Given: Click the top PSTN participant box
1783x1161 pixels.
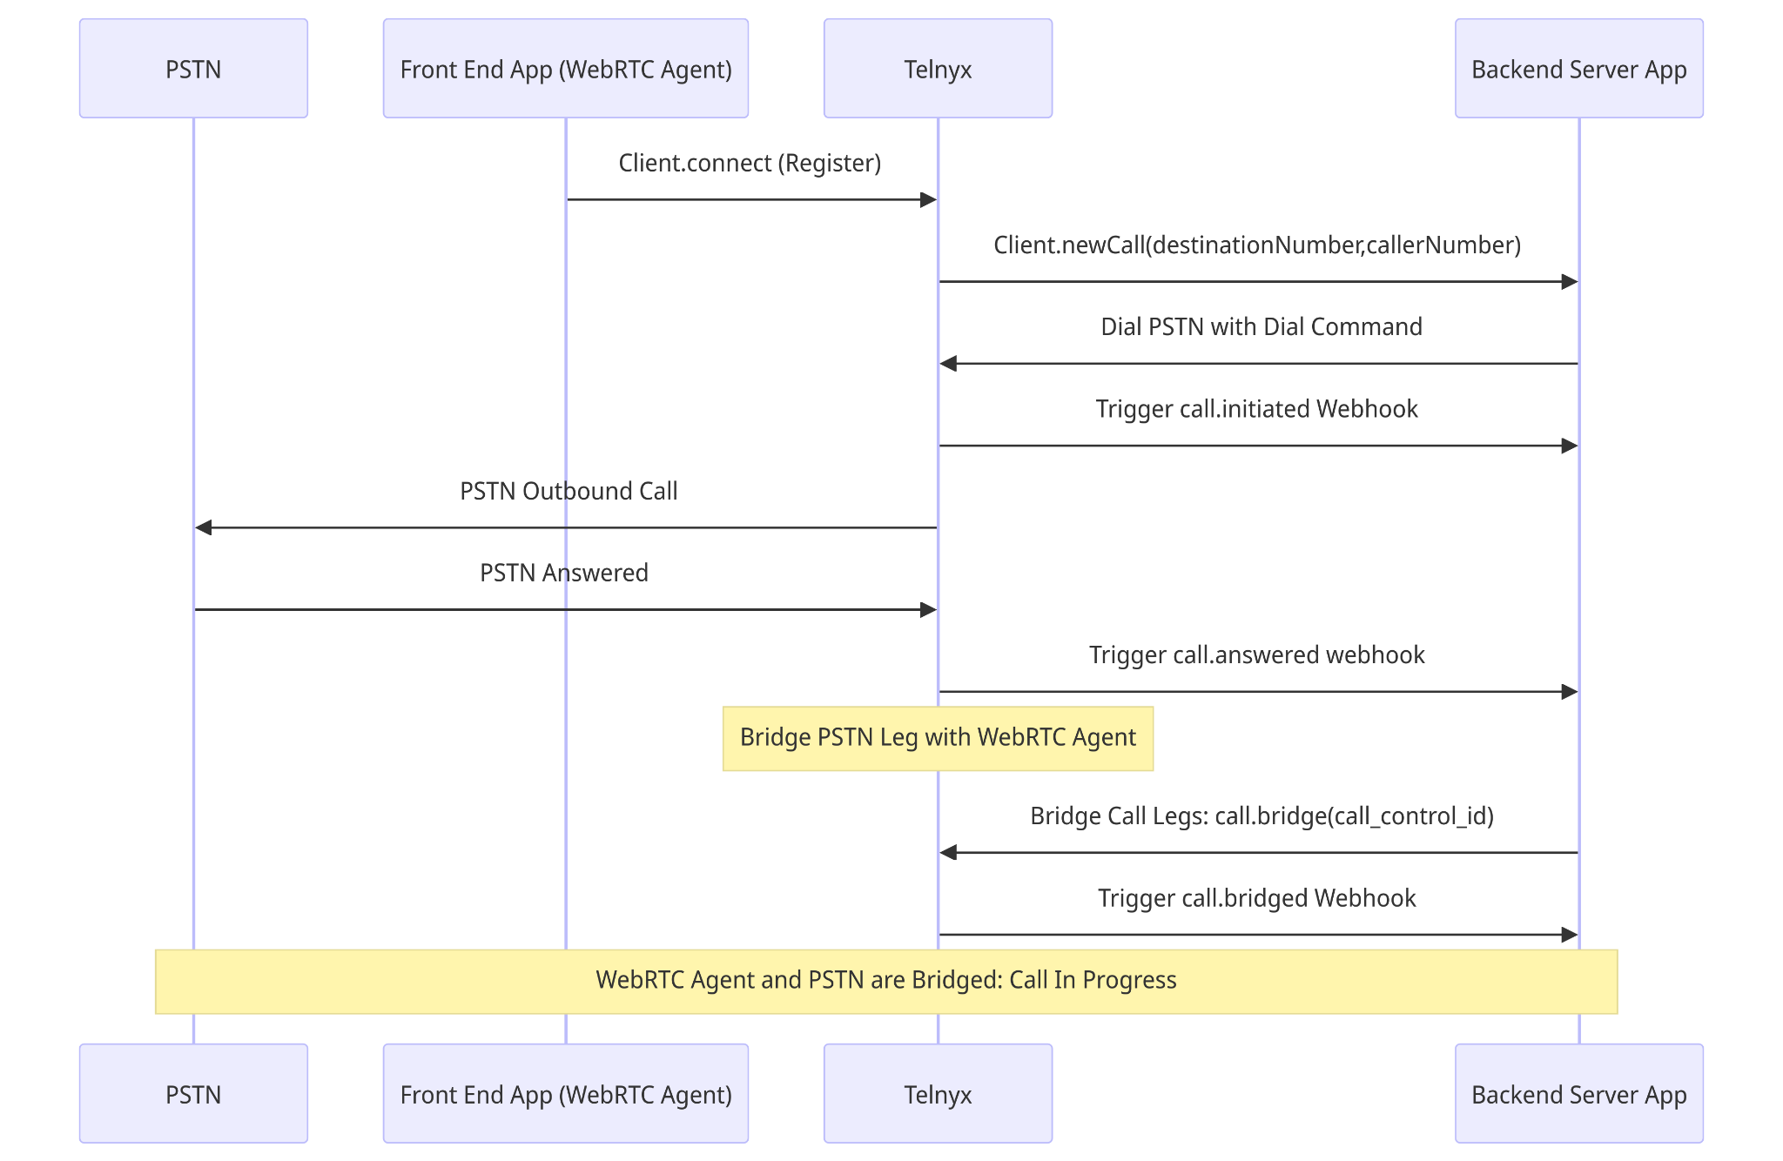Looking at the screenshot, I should click(193, 69).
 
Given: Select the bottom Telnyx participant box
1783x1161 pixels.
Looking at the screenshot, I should click(938, 1093).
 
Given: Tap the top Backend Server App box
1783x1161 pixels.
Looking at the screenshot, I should click(1578, 69).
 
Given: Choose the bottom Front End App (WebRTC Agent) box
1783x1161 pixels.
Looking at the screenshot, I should click(565, 1093).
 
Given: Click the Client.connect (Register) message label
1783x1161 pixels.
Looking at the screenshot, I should click(750, 164).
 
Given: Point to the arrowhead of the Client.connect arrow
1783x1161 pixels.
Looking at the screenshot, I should click(928, 199).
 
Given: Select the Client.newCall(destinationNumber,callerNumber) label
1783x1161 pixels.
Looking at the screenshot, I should click(1257, 245).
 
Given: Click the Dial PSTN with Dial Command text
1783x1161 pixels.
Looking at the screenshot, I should click(1261, 327).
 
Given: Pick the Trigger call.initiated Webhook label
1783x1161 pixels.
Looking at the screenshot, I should click(1256, 409).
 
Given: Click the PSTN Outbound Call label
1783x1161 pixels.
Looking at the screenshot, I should click(569, 492).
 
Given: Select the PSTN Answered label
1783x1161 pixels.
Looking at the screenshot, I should click(564, 574).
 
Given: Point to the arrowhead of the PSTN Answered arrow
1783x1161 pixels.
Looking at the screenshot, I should click(928, 609).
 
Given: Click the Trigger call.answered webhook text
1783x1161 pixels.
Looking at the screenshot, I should click(1256, 655).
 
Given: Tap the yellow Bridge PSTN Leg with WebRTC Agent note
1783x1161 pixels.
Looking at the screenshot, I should click(938, 738).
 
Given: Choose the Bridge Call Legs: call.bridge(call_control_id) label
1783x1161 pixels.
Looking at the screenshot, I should click(1262, 816).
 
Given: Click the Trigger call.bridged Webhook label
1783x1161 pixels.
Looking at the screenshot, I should click(1256, 898).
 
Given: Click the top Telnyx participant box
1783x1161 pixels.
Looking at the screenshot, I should click(938, 69).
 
